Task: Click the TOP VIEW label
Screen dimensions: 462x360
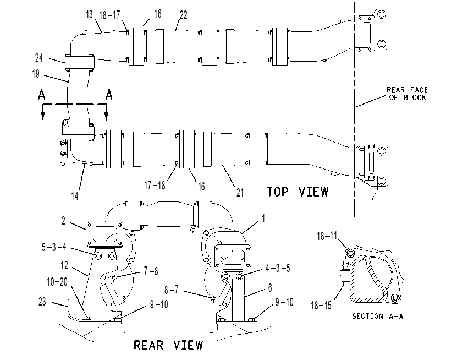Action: click(x=298, y=192)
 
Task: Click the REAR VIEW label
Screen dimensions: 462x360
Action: click(x=168, y=345)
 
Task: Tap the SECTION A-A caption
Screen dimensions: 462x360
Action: click(x=378, y=317)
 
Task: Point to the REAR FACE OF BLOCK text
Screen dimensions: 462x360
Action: click(x=407, y=94)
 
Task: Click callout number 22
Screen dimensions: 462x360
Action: click(x=183, y=15)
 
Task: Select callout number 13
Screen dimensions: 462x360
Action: click(x=89, y=14)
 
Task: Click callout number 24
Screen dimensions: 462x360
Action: click(x=39, y=58)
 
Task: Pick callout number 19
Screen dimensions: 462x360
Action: click(x=36, y=74)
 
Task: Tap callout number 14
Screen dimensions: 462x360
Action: click(x=75, y=196)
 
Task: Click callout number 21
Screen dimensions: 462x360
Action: click(x=240, y=193)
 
